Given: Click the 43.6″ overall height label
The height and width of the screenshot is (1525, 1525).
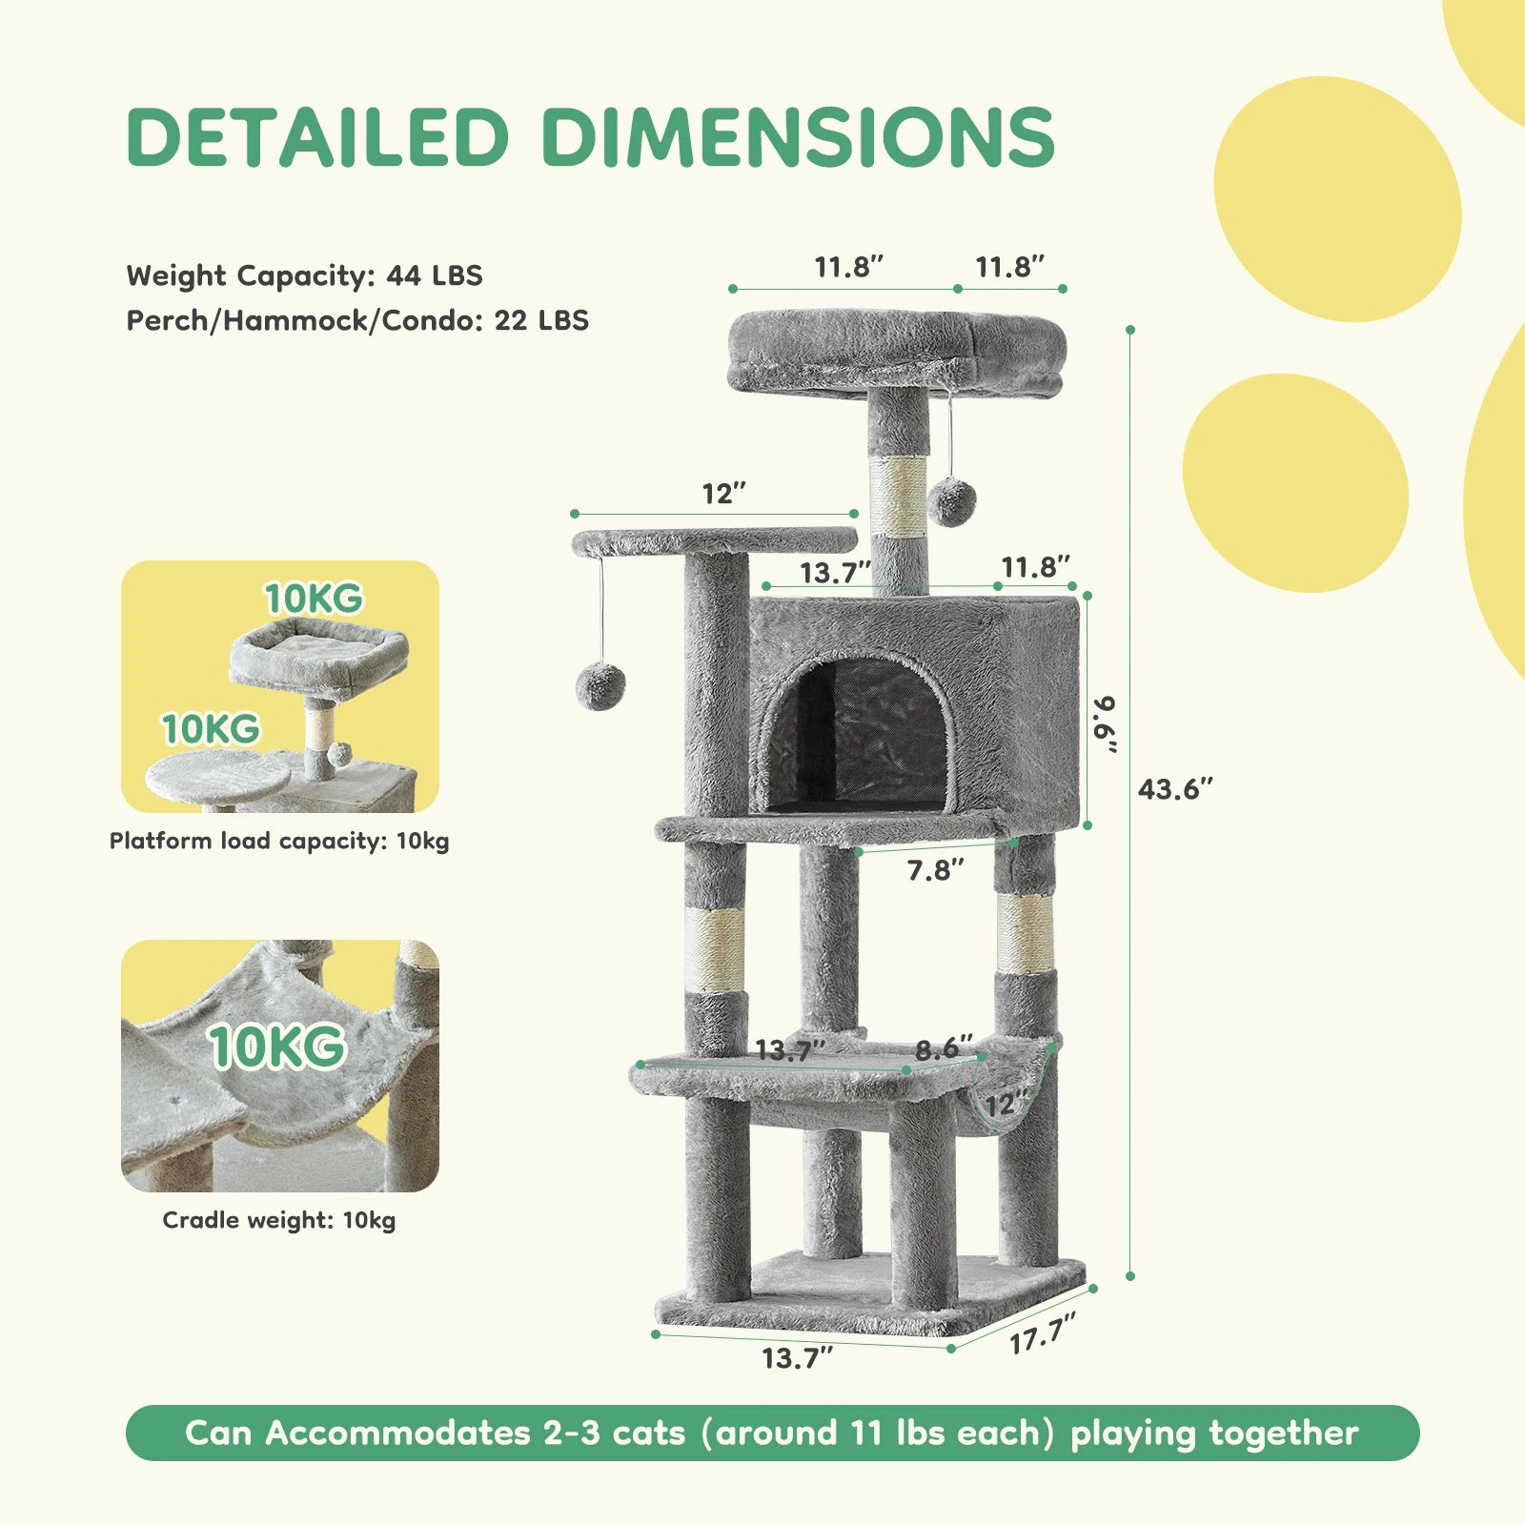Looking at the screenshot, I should pos(1175,789).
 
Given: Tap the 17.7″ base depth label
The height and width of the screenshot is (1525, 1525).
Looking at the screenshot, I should pos(1043,1332).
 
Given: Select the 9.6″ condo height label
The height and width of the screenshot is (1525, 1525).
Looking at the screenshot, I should pos(1106,724).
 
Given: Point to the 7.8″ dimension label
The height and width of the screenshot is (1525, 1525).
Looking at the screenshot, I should pos(935,869).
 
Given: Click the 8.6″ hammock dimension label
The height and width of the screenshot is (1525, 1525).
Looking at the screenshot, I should pos(944,1049).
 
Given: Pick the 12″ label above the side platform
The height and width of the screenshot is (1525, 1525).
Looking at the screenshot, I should pos(723,494).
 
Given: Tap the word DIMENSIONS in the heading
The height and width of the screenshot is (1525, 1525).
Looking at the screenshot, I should pos(799,136).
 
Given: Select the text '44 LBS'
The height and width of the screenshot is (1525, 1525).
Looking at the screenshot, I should pos(435,275).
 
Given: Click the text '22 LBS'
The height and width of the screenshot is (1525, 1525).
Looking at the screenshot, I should pos(541,320).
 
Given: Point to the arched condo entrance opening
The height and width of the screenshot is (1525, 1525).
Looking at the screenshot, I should pos(858,734).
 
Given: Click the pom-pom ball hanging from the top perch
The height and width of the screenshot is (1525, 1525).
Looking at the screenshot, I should pos(951,502).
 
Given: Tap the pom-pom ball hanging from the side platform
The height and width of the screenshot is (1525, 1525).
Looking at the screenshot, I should pos(600,687).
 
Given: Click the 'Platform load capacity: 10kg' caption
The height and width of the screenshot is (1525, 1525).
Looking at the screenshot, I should pos(279,841).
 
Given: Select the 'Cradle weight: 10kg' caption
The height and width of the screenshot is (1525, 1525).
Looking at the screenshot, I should pos(279,1220).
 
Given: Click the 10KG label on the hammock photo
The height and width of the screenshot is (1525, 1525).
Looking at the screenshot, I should pos(277,1047).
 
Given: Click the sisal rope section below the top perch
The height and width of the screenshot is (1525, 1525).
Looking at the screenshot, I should pos(899,495).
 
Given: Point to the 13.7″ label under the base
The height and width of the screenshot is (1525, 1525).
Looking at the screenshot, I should pos(797,1357).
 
